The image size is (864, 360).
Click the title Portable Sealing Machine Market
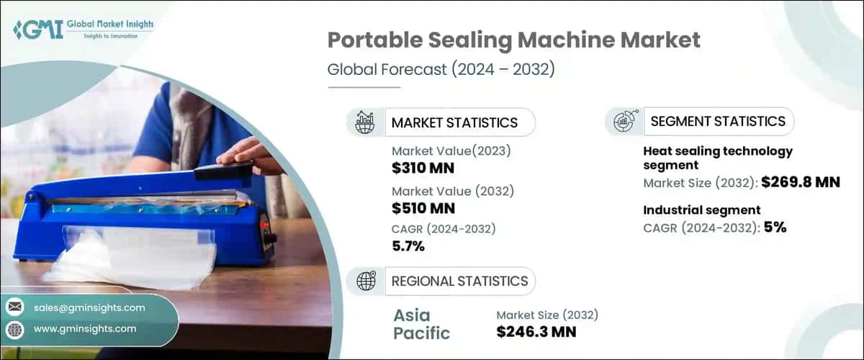tap(513, 41)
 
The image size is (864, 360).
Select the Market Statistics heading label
tap(454, 122)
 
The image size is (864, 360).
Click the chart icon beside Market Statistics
tap(366, 122)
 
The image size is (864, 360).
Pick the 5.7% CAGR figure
tap(408, 247)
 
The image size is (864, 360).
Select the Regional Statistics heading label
tap(459, 281)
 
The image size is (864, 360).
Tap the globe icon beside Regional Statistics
tap(366, 281)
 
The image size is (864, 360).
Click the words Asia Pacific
tap(422, 324)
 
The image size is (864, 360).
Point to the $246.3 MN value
tap(536, 332)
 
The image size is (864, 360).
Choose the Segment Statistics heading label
tap(718, 121)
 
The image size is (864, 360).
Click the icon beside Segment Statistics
tap(624, 121)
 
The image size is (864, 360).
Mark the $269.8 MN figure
tap(798, 182)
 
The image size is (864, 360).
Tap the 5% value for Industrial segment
tap(775, 228)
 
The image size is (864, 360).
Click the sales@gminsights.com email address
tap(89, 307)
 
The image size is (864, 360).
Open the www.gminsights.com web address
tap(85, 328)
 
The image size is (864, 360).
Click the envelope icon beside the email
tap(15, 307)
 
